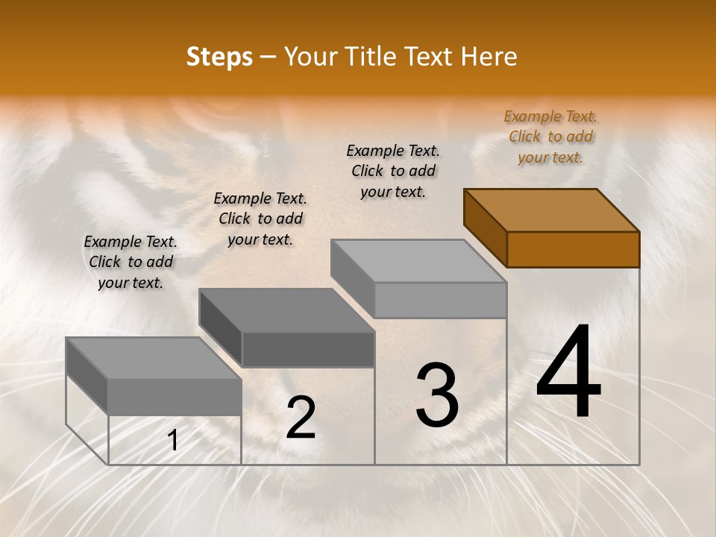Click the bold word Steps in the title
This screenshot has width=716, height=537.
point(219,57)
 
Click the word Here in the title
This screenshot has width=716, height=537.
point(490,57)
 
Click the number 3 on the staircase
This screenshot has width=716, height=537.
point(437,395)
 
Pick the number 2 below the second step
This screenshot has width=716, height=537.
point(301,418)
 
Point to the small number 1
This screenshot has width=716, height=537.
point(172,441)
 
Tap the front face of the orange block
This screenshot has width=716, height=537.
point(573,249)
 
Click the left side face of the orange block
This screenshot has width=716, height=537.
point(485,227)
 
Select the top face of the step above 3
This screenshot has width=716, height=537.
point(418,261)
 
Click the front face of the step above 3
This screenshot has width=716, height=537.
point(440,300)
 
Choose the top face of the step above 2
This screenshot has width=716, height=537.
point(286,310)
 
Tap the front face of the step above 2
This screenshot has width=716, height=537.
point(308,349)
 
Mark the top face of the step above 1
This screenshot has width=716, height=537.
point(154,358)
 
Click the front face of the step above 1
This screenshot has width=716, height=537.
point(175,397)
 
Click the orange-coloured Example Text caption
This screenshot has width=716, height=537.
point(550,137)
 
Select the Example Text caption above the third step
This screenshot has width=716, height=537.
point(393,171)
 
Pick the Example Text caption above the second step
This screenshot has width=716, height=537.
point(260,219)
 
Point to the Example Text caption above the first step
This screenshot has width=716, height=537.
point(131,262)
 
